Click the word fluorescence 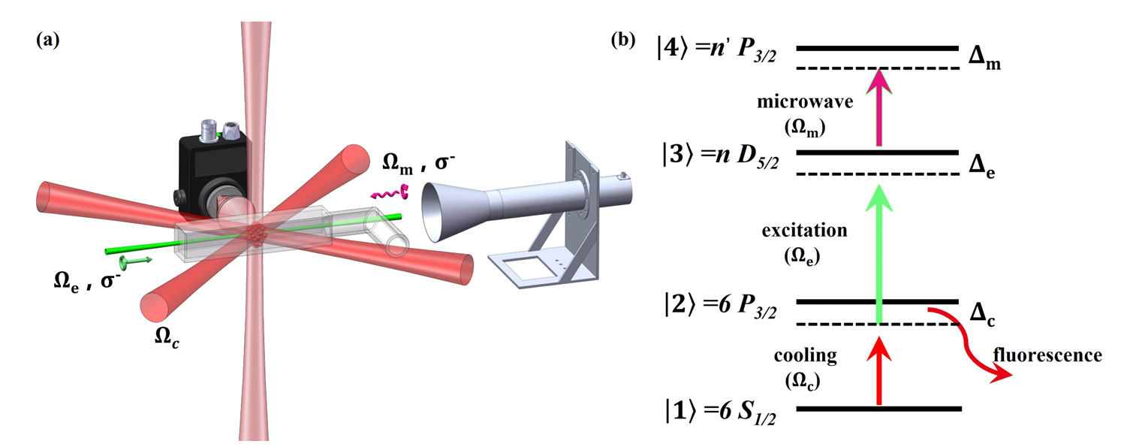(1047, 355)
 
